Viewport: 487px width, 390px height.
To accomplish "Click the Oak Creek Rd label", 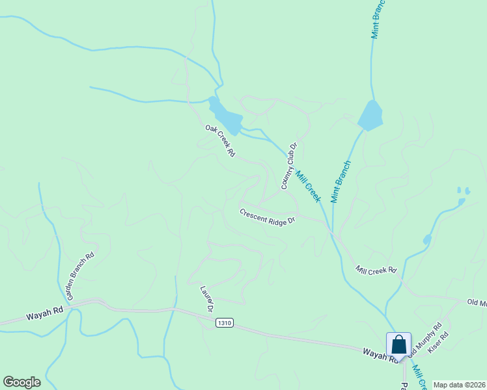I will [220, 142].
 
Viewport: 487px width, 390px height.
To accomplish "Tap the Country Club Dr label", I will [289, 166].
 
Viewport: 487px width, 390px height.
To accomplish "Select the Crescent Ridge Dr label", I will [267, 216].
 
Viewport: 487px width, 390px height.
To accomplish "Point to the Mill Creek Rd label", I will [376, 270].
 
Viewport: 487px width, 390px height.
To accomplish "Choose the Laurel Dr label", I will [208, 298].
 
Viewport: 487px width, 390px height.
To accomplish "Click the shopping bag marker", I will [398, 344].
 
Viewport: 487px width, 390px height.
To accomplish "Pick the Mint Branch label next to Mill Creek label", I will [341, 182].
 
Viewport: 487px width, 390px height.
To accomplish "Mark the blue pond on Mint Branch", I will [370, 116].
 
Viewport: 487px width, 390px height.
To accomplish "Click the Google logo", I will [21, 382].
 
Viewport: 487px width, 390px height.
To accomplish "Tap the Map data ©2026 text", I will [458, 385].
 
